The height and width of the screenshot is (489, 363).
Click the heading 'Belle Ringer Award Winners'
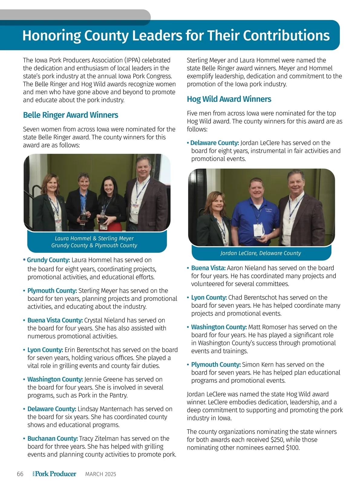[70, 115]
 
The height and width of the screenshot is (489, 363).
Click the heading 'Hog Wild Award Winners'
[229, 99]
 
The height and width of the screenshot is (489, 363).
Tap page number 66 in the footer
[20, 474]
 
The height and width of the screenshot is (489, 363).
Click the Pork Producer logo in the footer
[54, 474]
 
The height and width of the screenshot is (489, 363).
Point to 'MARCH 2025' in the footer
[100, 474]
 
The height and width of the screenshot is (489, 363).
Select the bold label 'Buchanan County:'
[53, 438]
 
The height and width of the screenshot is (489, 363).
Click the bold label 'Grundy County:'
[48, 260]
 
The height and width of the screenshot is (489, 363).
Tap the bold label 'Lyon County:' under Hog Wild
[209, 298]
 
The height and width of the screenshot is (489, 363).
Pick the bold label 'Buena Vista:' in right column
[208, 268]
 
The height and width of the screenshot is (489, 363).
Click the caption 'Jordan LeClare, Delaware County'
[260, 253]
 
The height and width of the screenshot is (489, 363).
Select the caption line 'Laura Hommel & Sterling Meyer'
[94, 239]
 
